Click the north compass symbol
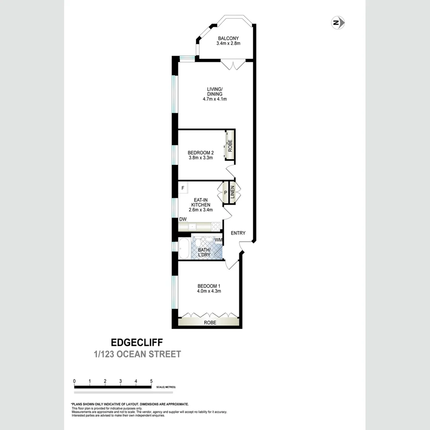tap(338, 23)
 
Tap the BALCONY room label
tap(228, 38)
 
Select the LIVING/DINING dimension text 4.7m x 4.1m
tap(215, 99)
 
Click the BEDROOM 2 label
tap(201, 152)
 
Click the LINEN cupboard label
tap(233, 193)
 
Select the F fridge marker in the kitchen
tap(183, 188)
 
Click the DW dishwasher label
tap(183, 219)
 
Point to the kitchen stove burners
tap(215, 227)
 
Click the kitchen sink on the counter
tap(192, 227)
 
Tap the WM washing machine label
tap(218, 240)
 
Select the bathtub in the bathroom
tap(184, 249)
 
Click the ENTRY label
tap(238, 233)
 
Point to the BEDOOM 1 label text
tap(209, 286)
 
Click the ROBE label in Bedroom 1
tap(210, 322)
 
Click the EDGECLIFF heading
tap(136, 342)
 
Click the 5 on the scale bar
tap(151, 381)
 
